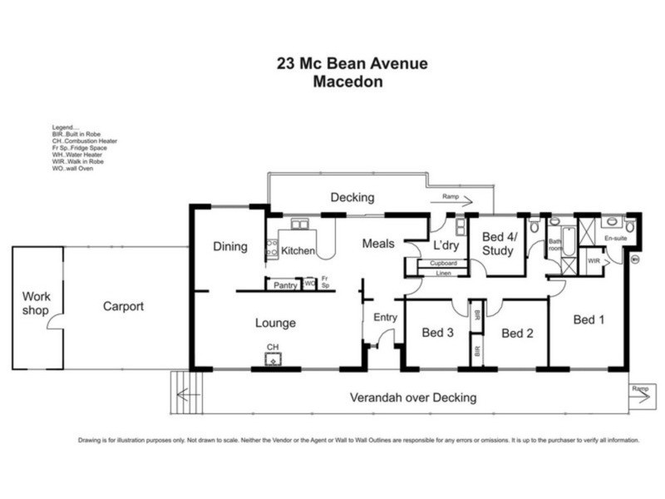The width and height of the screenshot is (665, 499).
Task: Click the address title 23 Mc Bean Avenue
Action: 352,63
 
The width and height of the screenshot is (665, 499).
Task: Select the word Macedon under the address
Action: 352,82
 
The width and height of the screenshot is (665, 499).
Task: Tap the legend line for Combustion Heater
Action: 84,141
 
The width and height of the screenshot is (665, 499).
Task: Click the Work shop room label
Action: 37,303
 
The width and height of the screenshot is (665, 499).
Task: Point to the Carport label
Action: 123,306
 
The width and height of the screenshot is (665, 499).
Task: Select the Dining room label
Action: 230,246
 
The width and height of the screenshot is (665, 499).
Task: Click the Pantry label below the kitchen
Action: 286,285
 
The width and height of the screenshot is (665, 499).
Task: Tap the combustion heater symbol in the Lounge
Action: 273,358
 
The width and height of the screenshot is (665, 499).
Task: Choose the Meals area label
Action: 377,244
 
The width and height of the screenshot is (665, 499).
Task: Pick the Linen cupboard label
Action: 443,272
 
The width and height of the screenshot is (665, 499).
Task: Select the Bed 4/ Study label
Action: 499,243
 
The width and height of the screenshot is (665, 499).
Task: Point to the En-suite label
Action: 616,239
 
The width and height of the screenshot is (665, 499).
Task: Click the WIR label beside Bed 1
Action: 593,260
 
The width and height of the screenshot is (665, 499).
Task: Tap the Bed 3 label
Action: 437,333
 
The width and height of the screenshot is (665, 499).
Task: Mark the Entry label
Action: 386,317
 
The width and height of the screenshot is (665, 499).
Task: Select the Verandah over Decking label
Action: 413,398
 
